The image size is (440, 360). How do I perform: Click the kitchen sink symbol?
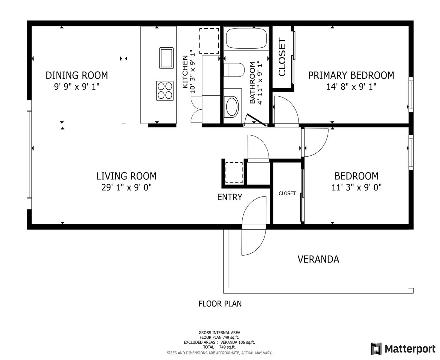[x=166, y=58]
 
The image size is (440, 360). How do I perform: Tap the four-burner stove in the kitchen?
[x=165, y=91]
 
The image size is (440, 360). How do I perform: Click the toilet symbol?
[x=234, y=70]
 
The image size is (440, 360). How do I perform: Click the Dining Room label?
[x=77, y=75]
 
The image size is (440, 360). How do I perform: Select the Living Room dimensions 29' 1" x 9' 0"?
[x=126, y=187]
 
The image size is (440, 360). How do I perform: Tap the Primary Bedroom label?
[x=351, y=75]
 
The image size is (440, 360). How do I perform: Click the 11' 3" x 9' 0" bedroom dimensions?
[x=357, y=187]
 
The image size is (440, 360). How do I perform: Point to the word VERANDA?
[x=318, y=259]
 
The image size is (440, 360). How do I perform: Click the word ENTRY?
[x=230, y=197]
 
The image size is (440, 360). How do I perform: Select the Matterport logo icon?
[x=376, y=349]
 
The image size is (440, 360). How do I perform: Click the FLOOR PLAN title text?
[x=220, y=304]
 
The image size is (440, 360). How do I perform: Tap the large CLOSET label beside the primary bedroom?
[x=282, y=57]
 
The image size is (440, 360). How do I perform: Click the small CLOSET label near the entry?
[x=287, y=193]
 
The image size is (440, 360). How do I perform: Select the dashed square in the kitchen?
[x=209, y=41]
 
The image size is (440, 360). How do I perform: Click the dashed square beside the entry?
[x=234, y=172]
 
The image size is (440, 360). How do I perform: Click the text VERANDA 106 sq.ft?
[x=238, y=342]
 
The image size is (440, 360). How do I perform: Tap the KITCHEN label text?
[x=185, y=72]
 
